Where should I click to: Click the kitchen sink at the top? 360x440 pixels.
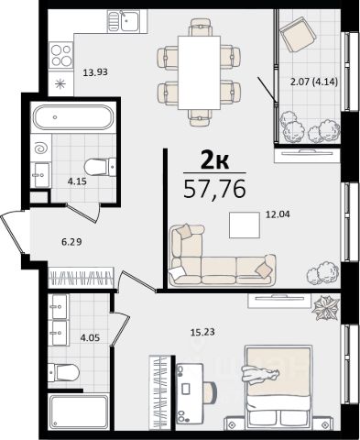pos(127,20)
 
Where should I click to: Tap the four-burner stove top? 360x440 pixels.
pos(61,55)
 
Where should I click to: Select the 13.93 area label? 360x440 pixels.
pos(95,72)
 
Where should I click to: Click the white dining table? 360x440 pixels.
pos(199,72)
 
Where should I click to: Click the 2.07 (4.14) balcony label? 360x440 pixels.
pos(314,82)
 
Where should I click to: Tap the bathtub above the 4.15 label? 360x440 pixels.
pos(73,117)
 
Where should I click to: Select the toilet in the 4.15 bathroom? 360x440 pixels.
pos(100,167)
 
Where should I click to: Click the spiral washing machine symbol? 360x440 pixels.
pos(41,148)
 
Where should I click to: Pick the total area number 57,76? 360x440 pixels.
pos(214,189)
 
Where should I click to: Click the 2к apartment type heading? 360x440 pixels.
pos(214,161)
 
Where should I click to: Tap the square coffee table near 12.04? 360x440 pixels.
pos(245,225)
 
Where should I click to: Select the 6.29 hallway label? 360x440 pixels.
pos(71,242)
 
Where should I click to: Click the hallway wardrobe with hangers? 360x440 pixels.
pos(82,277)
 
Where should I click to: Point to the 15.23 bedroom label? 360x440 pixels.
pos(202,332)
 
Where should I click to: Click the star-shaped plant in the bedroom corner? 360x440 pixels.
pos(325,308)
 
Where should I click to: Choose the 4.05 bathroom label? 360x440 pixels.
pos(90,338)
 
